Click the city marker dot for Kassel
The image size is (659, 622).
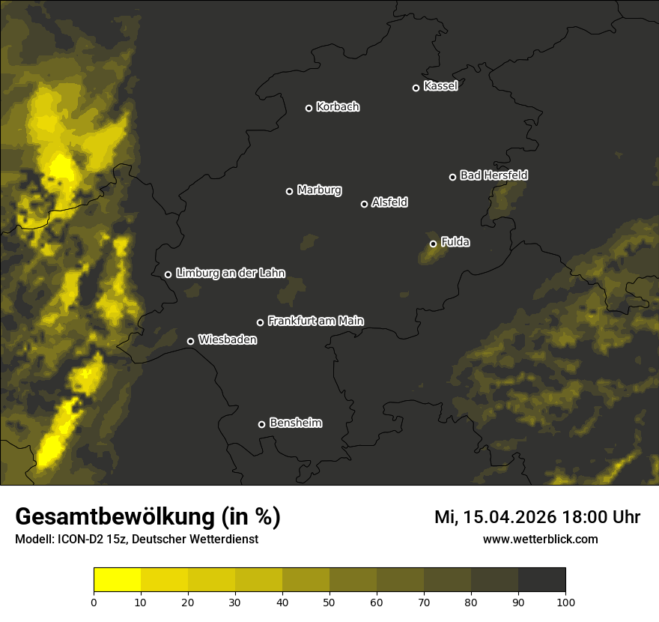pyautogui.click(x=416, y=88)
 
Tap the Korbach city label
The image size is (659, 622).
pyautogui.click(x=338, y=107)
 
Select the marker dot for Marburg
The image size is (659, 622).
pyautogui.click(x=289, y=191)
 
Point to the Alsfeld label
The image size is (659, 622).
pyautogui.click(x=390, y=202)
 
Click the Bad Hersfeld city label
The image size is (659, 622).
pyautogui.click(x=494, y=175)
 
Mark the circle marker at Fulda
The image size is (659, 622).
pyautogui.click(x=433, y=244)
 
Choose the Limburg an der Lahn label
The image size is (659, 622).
pyautogui.click(x=231, y=274)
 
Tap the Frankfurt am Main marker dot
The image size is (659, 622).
pyautogui.click(x=260, y=322)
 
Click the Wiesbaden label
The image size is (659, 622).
pyautogui.click(x=228, y=339)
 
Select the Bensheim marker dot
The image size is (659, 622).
pyautogui.click(x=261, y=424)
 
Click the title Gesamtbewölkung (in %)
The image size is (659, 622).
pyautogui.click(x=148, y=517)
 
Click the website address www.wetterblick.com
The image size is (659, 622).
pyautogui.click(x=540, y=540)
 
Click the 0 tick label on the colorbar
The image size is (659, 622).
pyautogui.click(x=94, y=602)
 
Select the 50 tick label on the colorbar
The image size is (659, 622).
pyautogui.click(x=329, y=602)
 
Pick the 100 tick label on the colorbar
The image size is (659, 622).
pyautogui.click(x=565, y=602)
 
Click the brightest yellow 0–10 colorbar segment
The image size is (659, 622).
pyautogui.click(x=117, y=579)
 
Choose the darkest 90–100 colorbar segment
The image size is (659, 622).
pyautogui.click(x=541, y=579)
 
